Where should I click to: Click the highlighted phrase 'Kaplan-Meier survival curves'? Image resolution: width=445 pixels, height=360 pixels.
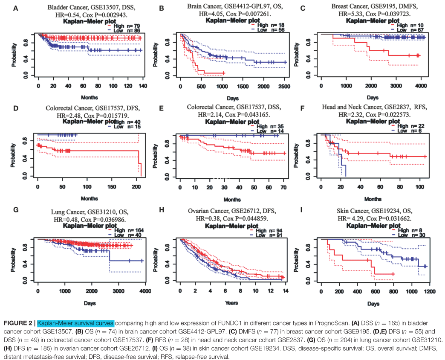(x=75, y=323)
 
